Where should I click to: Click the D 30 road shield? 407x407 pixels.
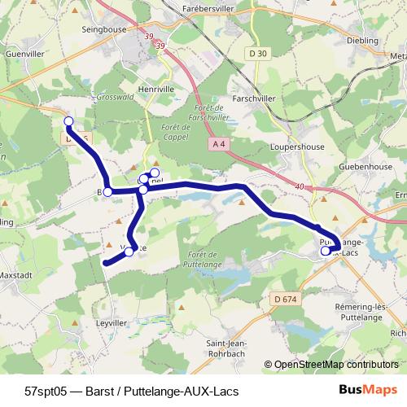tap(259, 53)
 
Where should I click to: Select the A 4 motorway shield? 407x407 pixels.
tap(217, 143)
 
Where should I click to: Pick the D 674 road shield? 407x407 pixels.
tap(285, 300)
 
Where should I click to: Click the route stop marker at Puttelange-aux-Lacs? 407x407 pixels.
tap(325, 252)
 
